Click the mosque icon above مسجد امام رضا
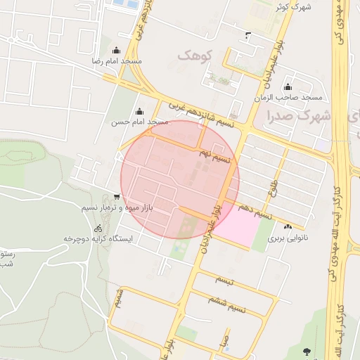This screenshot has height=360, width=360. [x=116, y=51]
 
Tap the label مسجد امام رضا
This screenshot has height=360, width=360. [x=116, y=62]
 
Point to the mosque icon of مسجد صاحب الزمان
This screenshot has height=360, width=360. [x=287, y=86]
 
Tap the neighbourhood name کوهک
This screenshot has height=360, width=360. [x=195, y=55]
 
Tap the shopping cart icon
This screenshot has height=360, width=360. [x=116, y=197]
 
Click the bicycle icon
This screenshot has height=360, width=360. [x=98, y=229]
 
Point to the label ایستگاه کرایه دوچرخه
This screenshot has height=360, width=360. [x=98, y=239]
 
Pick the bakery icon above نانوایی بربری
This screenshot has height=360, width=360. [x=288, y=227]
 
